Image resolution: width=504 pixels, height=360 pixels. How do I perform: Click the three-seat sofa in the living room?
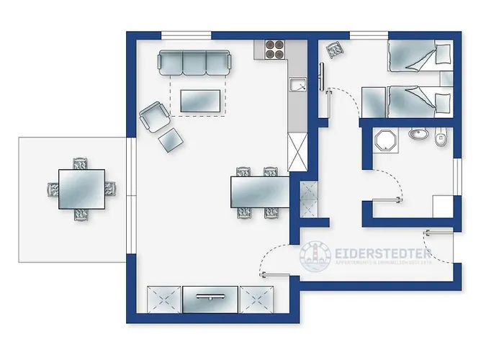tap(194, 63)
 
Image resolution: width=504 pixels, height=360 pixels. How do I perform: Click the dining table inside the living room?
tap(259, 192)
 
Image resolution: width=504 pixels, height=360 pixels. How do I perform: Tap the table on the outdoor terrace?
tap(81, 189)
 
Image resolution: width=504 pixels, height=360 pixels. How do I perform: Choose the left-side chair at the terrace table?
tap(53, 190)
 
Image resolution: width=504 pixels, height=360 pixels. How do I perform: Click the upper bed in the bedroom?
tap(418, 56)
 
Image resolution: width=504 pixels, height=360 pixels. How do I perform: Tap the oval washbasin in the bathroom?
tap(418, 133)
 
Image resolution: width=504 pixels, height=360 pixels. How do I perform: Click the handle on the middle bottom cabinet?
tap(210, 295)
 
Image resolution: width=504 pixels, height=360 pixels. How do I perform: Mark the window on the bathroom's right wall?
tap(457, 176)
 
